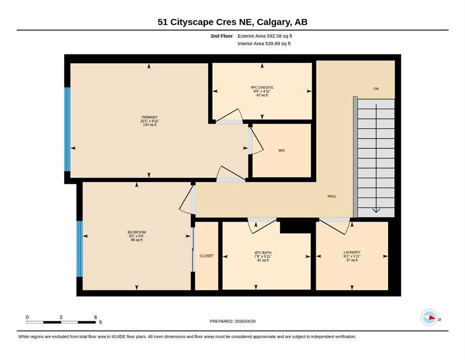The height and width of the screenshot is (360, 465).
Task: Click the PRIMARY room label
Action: [x=149, y=117]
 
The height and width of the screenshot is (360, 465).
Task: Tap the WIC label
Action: [x=281, y=150]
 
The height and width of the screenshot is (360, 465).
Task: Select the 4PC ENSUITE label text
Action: [x=262, y=87]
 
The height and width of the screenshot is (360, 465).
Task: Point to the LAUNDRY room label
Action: [x=352, y=252]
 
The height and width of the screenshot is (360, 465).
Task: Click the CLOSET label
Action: [x=207, y=256]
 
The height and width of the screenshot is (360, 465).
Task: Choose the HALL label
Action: [x=332, y=196]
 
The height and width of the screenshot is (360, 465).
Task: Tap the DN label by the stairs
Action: [x=376, y=89]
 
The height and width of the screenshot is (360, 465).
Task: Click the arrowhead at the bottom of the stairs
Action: [x=376, y=211]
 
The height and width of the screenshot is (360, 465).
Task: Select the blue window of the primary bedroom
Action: [x=67, y=129]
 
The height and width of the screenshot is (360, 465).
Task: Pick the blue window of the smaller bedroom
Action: [x=80, y=249]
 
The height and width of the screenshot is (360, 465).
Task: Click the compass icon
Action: [x=429, y=317]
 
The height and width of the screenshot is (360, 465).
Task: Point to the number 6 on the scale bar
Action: [x=96, y=317]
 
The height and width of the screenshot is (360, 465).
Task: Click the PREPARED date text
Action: [x=232, y=321]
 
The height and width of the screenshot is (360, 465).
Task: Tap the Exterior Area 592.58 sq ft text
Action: [x=265, y=36]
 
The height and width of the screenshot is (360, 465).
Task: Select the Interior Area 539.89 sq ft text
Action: [x=264, y=44]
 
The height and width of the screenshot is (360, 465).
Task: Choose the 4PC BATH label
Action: [x=263, y=253]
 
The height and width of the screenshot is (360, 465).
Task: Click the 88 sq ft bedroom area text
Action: [x=137, y=240]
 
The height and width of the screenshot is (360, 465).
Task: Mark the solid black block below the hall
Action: [x=295, y=226]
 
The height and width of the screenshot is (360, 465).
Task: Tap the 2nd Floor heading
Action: [x=221, y=36]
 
